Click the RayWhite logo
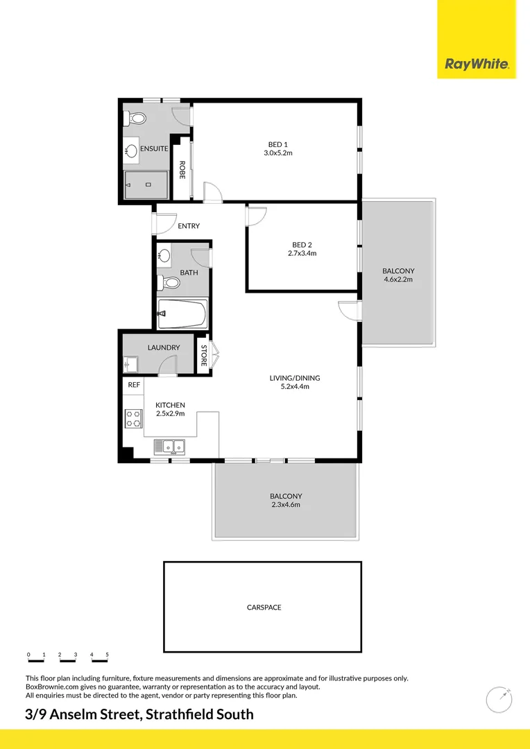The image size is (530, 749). (477, 64)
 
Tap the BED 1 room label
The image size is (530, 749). (277, 144)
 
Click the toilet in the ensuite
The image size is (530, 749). (135, 118)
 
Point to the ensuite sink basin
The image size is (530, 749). (131, 149)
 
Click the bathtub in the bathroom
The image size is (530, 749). (182, 314)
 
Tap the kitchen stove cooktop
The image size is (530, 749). (132, 417)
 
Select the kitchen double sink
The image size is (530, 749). (169, 446)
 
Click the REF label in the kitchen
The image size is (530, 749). (133, 384)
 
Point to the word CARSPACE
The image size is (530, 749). (264, 608)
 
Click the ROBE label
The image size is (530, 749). (182, 170)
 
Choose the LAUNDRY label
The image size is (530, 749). (164, 347)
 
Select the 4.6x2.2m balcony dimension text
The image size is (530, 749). (397, 279)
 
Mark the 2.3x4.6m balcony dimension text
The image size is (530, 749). (286, 505)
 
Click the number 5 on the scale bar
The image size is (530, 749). (107, 655)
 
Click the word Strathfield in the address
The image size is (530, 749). (182, 714)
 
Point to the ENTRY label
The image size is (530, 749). (189, 226)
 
